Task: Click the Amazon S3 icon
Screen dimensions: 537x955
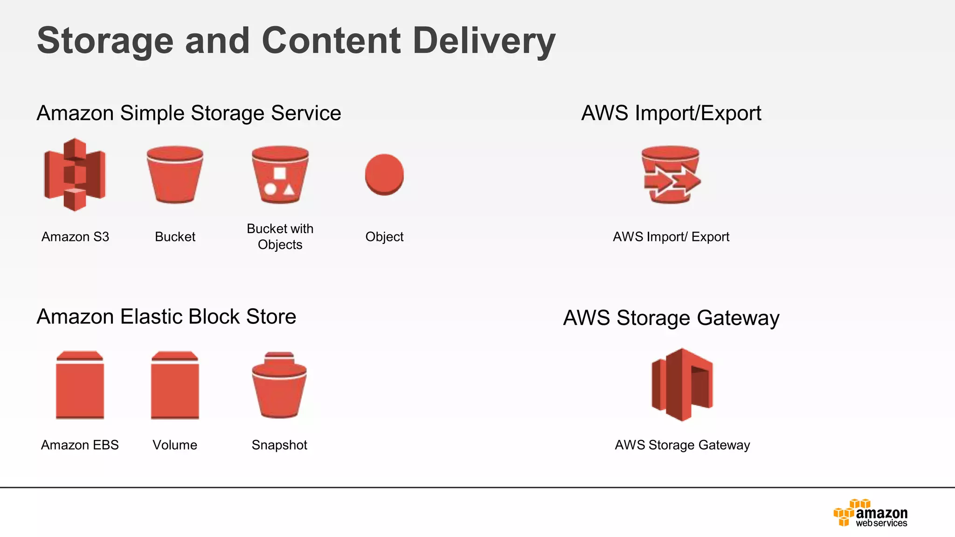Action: [75, 175]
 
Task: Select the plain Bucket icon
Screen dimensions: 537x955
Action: [175, 175]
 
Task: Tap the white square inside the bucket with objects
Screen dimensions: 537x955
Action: [280, 173]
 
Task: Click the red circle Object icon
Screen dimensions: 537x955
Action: [384, 174]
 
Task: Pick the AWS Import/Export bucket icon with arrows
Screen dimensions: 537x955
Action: [671, 175]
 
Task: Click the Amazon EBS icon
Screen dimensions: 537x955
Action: [80, 385]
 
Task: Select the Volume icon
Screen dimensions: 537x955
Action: [175, 385]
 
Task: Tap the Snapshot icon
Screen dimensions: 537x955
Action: [279, 385]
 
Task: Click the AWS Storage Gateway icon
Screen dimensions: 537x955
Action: [682, 385]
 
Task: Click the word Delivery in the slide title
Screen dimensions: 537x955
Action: [484, 41]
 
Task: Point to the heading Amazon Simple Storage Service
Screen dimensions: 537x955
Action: [189, 113]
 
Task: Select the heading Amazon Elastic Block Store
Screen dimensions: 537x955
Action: [166, 317]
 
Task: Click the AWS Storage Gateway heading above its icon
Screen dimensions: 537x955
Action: [671, 318]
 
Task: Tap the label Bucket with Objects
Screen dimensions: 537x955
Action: [280, 236]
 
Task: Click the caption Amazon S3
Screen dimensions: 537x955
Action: [75, 237]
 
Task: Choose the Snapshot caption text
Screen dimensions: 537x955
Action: [279, 445]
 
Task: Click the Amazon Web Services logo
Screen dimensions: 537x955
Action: [870, 513]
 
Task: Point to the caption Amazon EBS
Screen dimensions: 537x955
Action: [80, 445]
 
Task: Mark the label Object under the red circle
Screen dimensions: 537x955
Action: [384, 237]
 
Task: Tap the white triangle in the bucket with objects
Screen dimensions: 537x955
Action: [289, 189]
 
